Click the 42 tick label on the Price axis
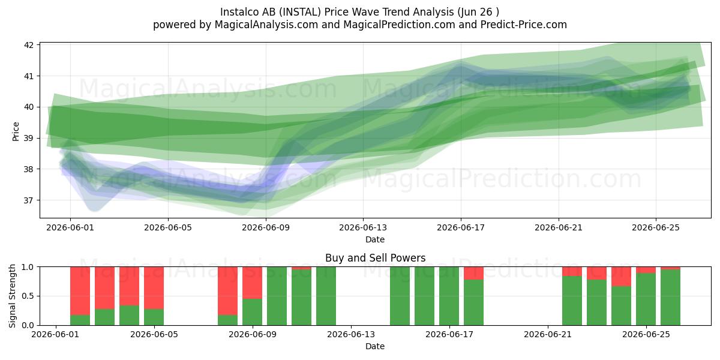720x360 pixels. (29, 45)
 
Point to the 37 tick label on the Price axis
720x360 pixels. (29, 200)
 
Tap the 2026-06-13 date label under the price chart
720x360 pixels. (363, 227)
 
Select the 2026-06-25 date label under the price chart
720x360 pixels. (656, 227)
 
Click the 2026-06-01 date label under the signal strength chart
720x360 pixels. (55, 334)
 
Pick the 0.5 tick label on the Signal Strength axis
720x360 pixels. (28, 296)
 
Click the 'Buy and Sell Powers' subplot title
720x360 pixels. (375, 258)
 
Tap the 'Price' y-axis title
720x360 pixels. (16, 131)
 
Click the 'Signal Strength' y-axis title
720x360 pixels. (12, 296)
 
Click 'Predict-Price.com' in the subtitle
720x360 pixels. (524, 25)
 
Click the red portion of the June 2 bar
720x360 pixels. (80, 291)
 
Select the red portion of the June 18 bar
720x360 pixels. (473, 273)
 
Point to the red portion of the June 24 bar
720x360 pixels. (621, 277)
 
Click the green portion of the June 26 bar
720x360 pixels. (670, 298)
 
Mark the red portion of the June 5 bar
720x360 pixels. (154, 288)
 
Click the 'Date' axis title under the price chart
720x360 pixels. (375, 239)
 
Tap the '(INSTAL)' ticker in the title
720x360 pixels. (300, 12)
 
